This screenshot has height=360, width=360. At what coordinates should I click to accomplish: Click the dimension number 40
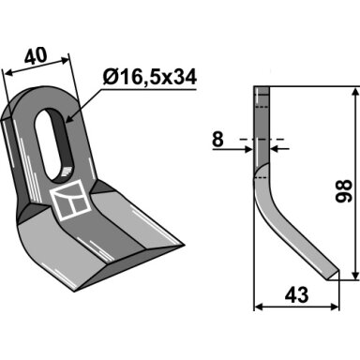pos(36,56)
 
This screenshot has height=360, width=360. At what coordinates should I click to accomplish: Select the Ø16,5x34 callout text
pos(149,77)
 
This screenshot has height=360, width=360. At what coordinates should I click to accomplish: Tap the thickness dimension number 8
pos(217,140)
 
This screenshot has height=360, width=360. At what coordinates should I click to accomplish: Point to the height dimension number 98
pos(343,191)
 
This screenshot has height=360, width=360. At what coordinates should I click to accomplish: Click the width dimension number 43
pos(296,294)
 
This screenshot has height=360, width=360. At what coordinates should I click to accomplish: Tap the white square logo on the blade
pos(70,201)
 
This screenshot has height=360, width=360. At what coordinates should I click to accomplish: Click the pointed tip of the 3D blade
pos(183,246)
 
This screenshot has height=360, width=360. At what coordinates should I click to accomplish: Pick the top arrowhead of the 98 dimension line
pos(355,92)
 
